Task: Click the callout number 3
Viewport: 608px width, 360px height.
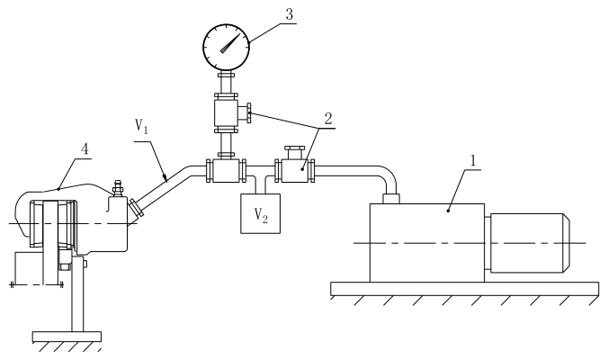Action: (x=290, y=14)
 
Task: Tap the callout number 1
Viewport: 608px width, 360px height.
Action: (x=473, y=160)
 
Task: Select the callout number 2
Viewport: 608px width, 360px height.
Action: (x=328, y=119)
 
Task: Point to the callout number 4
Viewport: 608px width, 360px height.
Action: (x=85, y=148)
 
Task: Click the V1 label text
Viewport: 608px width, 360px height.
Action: (x=141, y=126)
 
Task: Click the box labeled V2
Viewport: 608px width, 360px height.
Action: (x=261, y=213)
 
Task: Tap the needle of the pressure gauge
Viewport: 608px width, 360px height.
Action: (x=230, y=43)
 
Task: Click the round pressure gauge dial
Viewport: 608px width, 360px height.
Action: (x=226, y=48)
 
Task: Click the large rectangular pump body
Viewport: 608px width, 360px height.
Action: (x=427, y=243)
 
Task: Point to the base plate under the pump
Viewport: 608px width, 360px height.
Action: (x=464, y=289)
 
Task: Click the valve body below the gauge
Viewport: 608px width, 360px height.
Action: (x=226, y=112)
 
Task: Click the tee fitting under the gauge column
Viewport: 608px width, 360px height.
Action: (x=226, y=171)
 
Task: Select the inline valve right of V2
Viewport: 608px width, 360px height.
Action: (x=295, y=171)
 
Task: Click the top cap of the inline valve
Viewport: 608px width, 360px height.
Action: (x=295, y=148)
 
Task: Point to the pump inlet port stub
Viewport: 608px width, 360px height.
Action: (x=391, y=198)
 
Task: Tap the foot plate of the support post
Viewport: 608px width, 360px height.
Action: (x=67, y=337)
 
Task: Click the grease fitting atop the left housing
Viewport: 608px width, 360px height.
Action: (x=117, y=189)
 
